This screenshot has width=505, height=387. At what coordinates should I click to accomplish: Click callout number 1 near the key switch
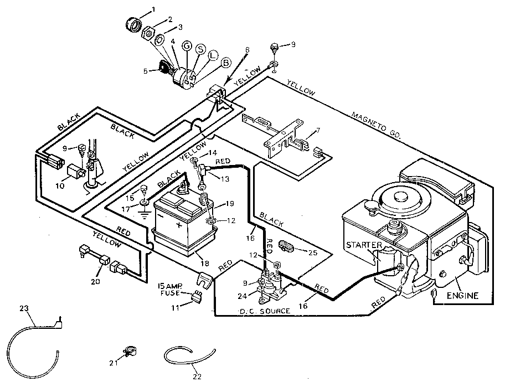coord(154,9)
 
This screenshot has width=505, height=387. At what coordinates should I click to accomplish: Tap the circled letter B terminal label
coord(225,63)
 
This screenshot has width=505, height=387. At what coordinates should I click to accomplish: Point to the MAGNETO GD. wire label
coord(377,125)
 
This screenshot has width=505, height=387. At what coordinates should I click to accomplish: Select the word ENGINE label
coord(463,296)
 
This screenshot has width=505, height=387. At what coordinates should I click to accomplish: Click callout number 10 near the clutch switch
coord(59,185)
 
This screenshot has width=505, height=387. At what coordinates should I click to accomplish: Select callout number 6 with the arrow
coord(247,50)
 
